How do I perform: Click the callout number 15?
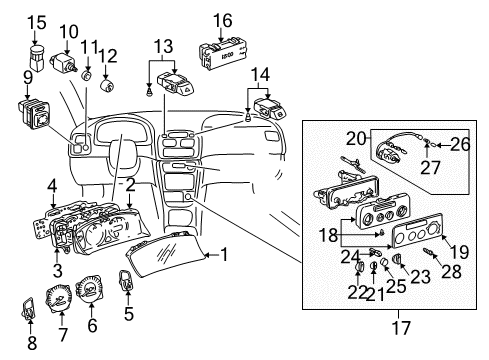coord(36,21)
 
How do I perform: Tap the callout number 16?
coord(222,20)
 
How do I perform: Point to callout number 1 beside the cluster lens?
coord(225,255)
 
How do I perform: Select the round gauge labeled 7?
coord(58,301)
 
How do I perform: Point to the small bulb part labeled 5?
coord(127,286)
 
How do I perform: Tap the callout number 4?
coord(51,185)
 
